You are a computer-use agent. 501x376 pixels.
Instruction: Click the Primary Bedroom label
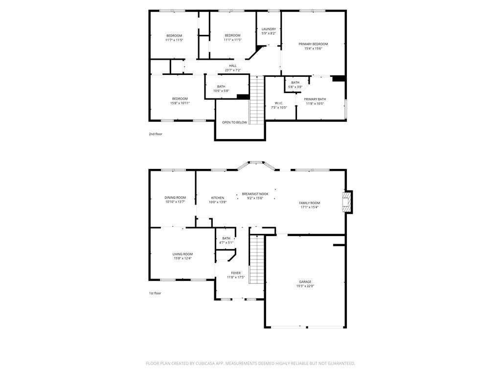(313, 44)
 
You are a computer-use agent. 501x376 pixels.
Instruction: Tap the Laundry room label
(269, 29)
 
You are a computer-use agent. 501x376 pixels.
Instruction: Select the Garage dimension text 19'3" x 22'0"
(305, 286)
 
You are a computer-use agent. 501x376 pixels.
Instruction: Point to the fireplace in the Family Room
(347, 202)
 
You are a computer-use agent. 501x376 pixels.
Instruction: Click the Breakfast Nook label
(255, 194)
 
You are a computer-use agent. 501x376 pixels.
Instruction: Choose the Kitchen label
(217, 198)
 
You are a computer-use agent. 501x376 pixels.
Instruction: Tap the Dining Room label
(175, 197)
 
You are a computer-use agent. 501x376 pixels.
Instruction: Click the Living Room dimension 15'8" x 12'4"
(182, 258)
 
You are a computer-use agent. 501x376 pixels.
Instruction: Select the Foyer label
(236, 273)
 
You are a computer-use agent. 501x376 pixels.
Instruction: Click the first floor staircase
(257, 259)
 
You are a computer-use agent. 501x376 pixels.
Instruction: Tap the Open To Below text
(234, 122)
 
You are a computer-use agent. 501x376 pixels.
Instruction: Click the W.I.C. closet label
(279, 103)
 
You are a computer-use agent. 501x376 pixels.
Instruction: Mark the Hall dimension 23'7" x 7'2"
(233, 70)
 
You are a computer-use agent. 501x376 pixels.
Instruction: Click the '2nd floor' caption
(156, 134)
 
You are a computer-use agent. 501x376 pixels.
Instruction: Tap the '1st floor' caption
(155, 293)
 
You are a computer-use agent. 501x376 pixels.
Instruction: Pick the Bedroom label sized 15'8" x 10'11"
(180, 99)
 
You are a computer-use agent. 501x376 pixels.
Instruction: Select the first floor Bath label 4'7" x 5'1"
(226, 238)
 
